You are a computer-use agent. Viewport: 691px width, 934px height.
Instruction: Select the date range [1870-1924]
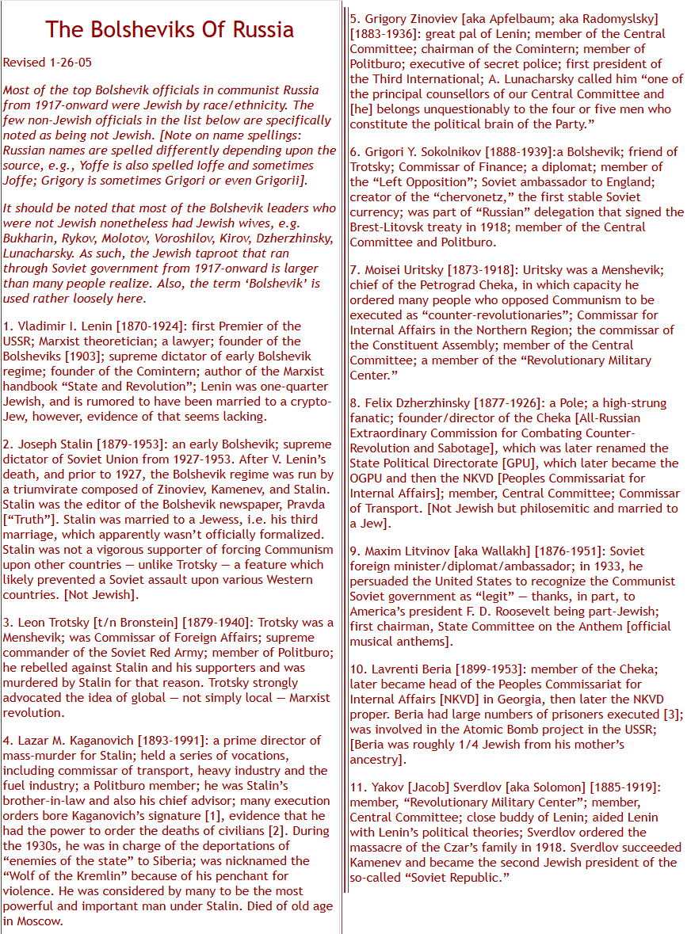152,326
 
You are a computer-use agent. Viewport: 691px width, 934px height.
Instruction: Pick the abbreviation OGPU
368,478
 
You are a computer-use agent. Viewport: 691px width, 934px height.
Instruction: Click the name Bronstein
142,622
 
